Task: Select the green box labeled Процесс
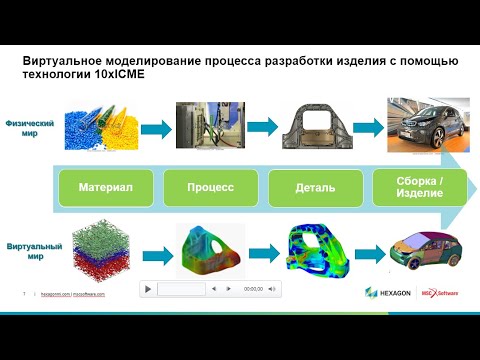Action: tap(210, 186)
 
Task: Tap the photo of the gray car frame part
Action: tap(312, 130)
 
